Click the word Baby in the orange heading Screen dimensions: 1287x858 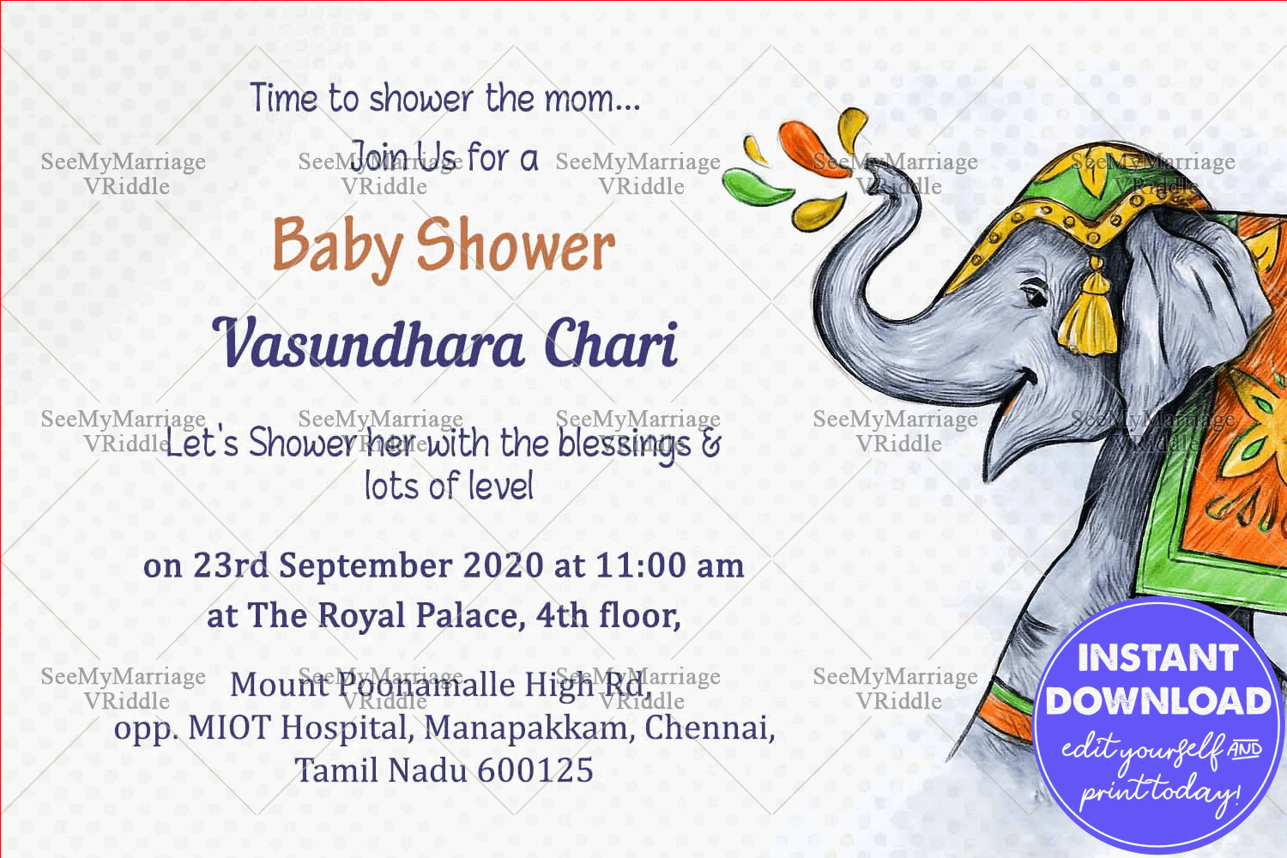pos(338,247)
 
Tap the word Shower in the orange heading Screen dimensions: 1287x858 pos(516,245)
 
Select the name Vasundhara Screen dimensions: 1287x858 pos(368,344)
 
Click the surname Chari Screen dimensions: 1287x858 pos(611,342)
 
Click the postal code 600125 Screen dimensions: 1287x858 pos(535,770)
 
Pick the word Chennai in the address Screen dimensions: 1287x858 pos(710,728)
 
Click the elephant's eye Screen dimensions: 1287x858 pos(1036,294)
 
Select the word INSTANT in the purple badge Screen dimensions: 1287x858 pos(1157,658)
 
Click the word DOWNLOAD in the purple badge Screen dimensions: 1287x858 pos(1157,701)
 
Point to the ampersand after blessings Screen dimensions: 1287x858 pos(710,444)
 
